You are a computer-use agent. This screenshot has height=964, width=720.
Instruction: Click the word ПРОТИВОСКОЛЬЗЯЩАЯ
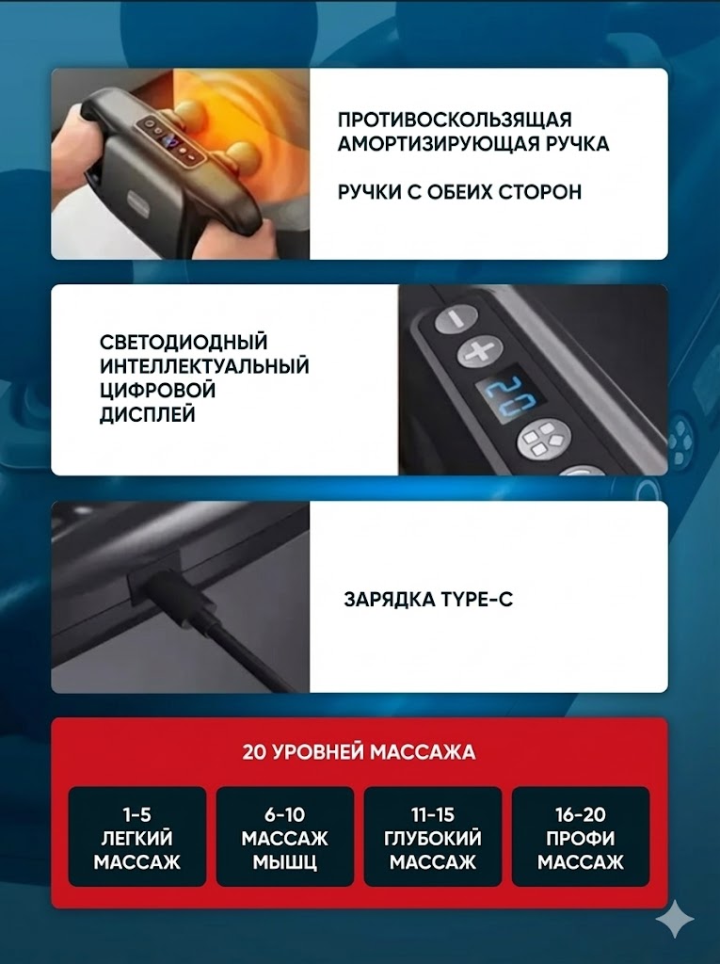click(x=455, y=119)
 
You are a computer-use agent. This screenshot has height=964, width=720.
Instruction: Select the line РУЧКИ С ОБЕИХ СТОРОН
click(x=459, y=192)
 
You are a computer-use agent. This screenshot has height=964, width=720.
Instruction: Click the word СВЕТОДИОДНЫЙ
click(x=184, y=342)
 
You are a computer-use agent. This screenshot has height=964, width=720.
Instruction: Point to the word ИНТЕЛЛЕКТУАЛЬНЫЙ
click(x=204, y=366)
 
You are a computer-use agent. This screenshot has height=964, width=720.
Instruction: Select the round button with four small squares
click(x=542, y=441)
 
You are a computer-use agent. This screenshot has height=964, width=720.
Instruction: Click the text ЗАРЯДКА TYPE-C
click(x=428, y=599)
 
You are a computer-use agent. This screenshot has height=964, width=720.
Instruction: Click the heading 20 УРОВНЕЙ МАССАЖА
click(x=359, y=752)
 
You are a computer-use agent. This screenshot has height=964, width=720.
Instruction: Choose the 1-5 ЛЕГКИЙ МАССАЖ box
click(x=137, y=837)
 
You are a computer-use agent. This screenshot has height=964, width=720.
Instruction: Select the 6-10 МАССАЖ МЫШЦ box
click(x=284, y=837)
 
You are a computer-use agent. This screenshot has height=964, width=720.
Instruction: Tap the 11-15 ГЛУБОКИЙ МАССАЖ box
click(x=433, y=837)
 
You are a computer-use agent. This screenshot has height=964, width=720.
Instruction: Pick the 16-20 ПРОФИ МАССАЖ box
click(x=581, y=837)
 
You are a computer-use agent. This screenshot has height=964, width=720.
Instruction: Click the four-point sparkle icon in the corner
click(x=675, y=918)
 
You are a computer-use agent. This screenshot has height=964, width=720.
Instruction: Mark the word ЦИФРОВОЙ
click(x=157, y=391)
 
